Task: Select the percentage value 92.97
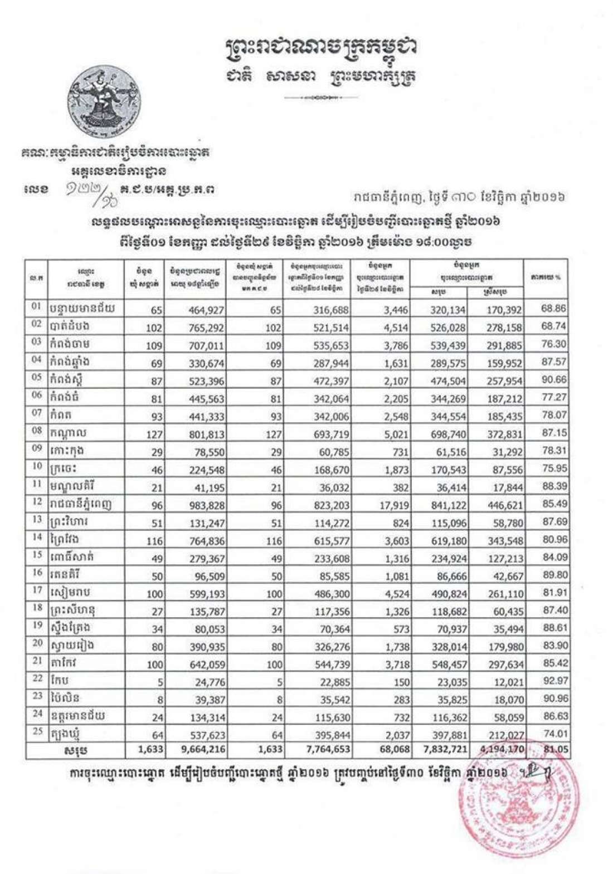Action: coord(553,678)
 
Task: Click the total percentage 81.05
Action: coord(556,749)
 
